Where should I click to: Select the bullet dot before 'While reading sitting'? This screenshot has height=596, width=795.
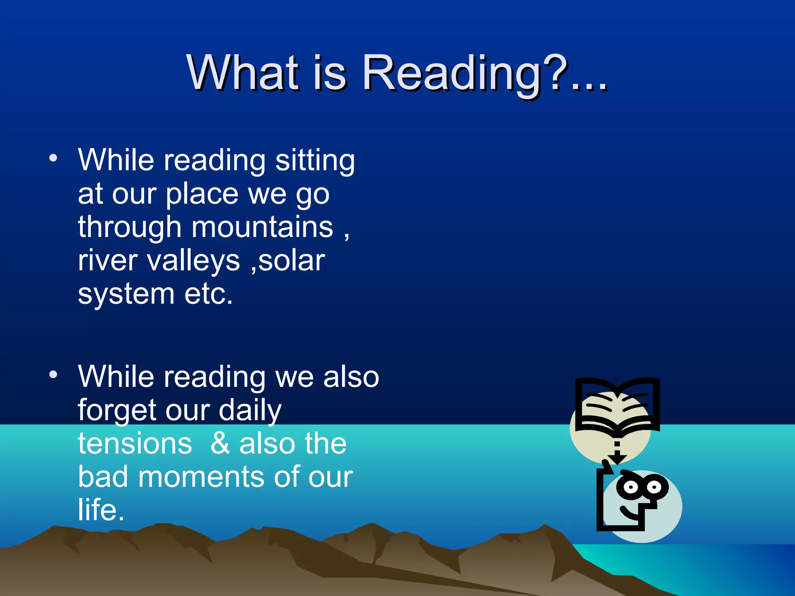(53, 158)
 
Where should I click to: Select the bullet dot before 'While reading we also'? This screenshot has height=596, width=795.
(53, 374)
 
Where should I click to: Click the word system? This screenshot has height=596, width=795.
(126, 295)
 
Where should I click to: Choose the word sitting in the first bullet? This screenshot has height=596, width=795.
(315, 161)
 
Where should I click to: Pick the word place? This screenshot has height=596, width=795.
(202, 194)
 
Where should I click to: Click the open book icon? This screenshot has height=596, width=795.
(617, 405)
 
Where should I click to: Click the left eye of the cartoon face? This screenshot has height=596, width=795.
(631, 487)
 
